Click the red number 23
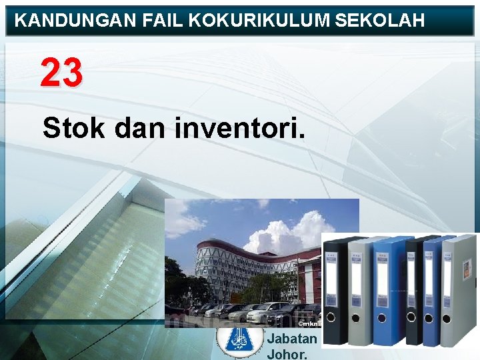(61, 73)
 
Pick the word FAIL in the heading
(163, 21)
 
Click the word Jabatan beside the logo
(291, 338)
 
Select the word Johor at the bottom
(287, 353)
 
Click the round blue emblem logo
(240, 339)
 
